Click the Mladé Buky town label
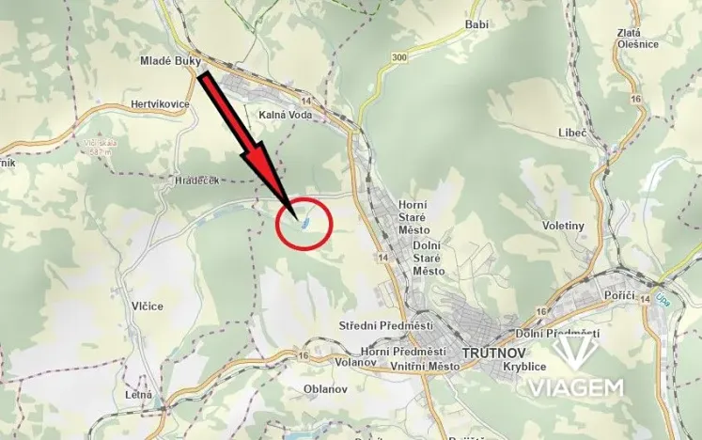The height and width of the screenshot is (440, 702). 170,59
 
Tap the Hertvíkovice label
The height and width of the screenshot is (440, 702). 161,103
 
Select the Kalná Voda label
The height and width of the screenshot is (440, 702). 285,115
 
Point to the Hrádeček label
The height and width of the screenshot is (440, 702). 196,180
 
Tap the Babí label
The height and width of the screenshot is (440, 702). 477,24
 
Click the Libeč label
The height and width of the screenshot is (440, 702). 571,134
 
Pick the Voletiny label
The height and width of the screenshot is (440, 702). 564,226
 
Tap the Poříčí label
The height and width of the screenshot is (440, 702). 619,296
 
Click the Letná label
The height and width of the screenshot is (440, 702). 138,395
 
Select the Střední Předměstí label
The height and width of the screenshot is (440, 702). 385,325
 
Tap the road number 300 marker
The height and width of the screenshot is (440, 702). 401,58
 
